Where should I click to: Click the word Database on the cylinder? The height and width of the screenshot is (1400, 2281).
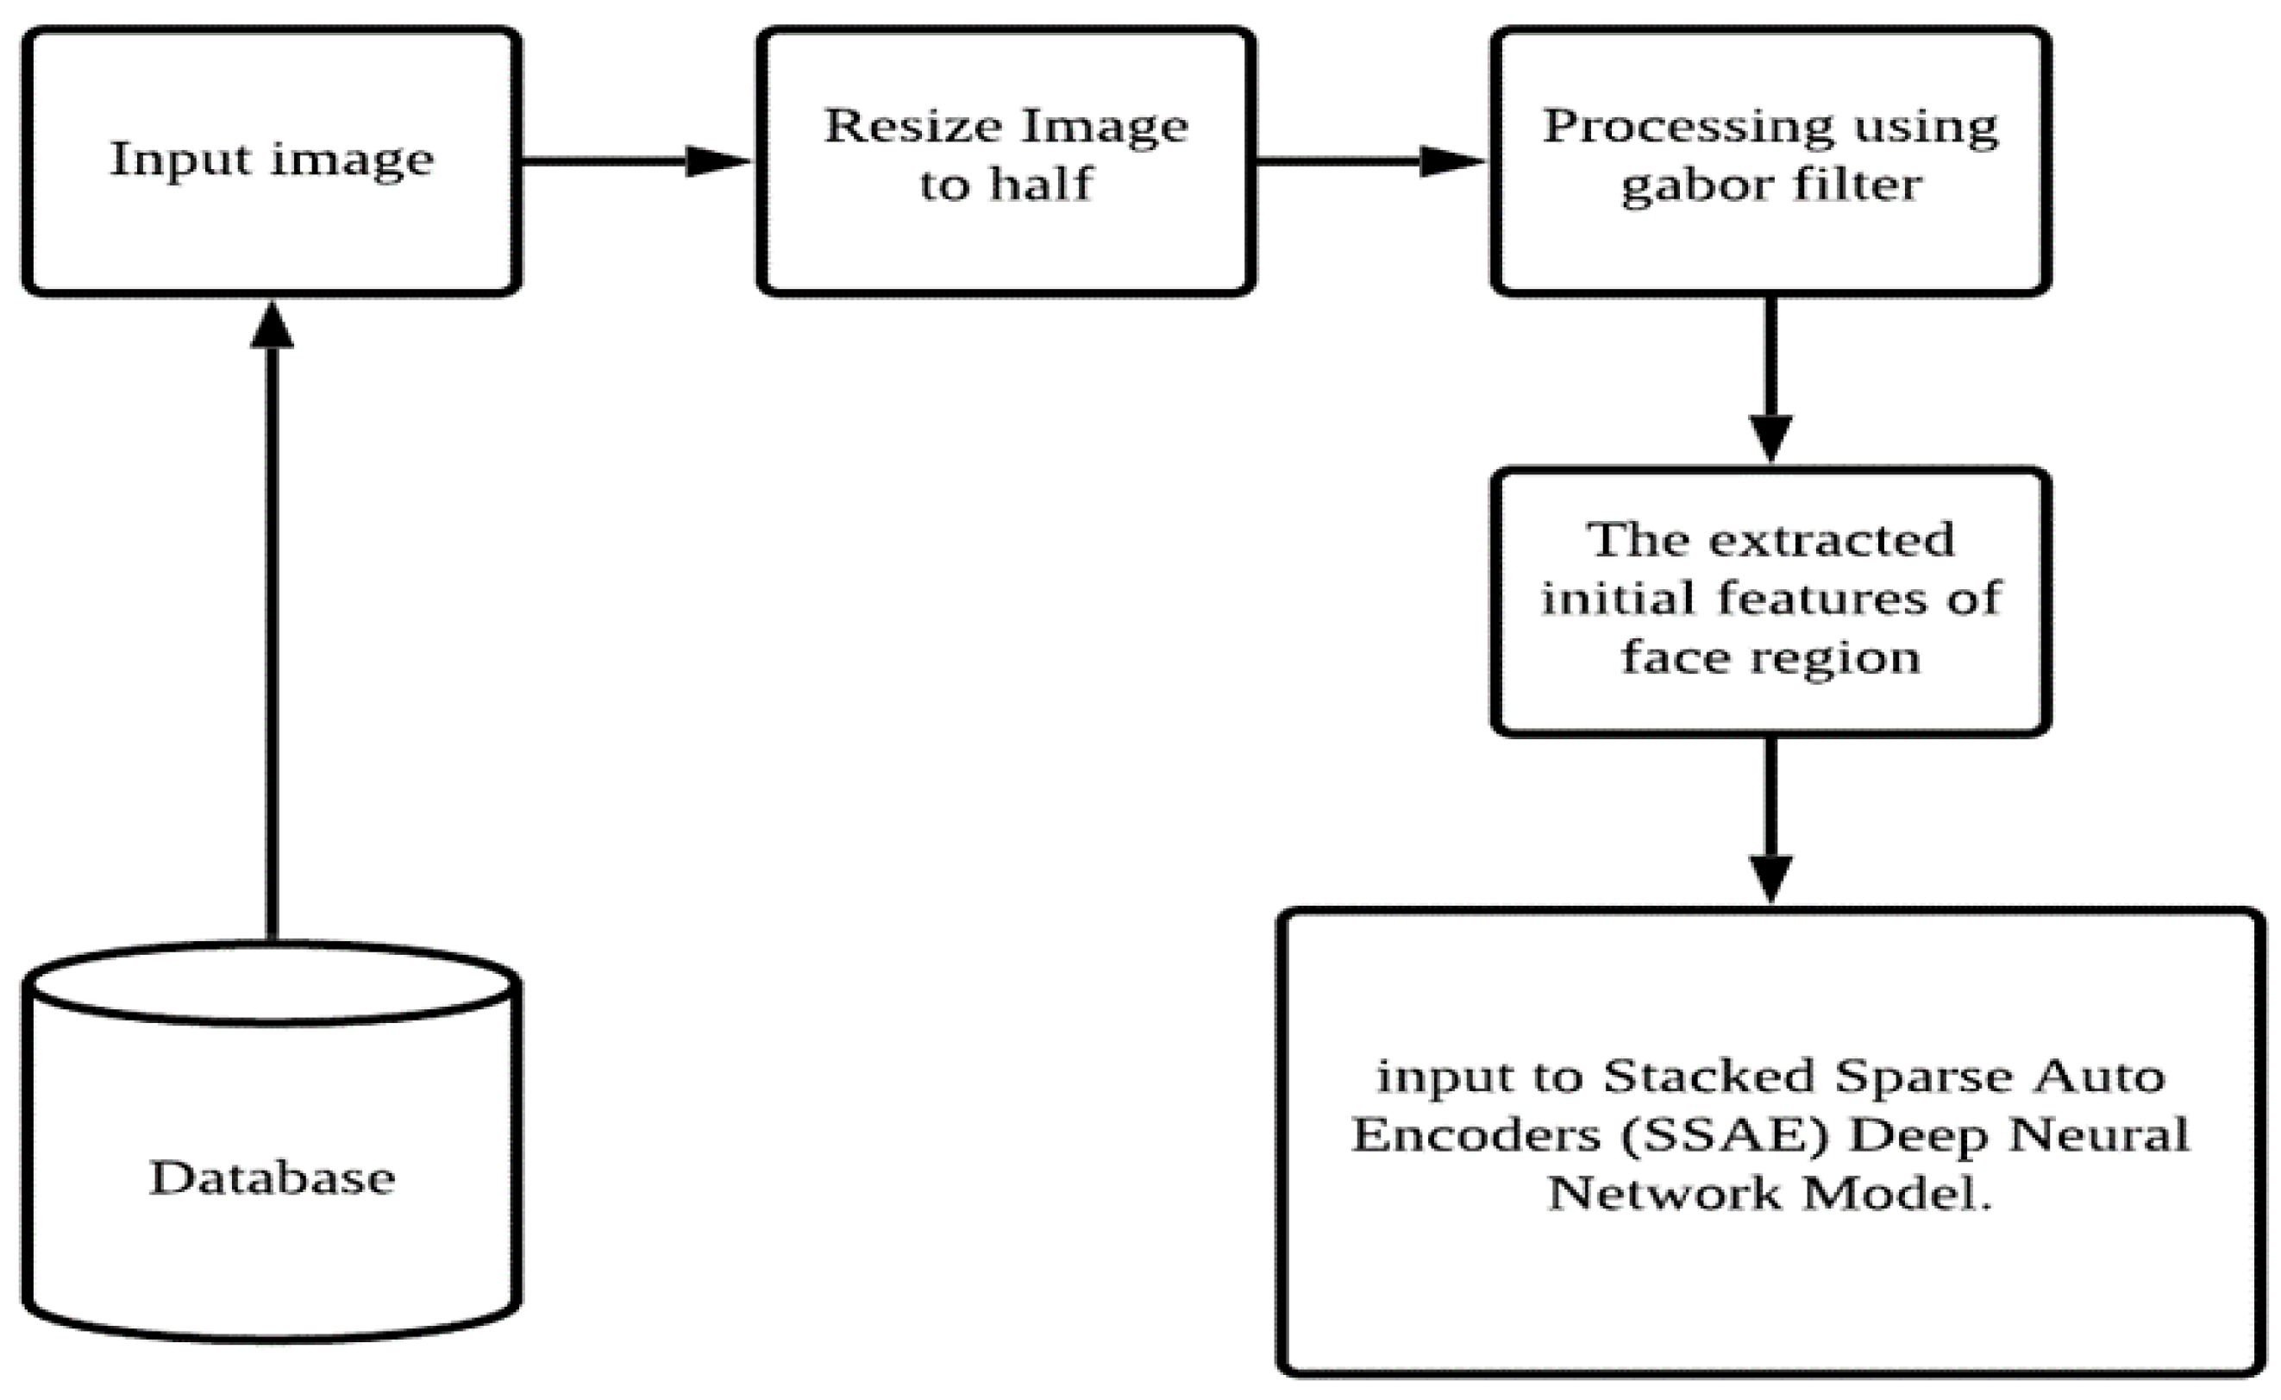273,1177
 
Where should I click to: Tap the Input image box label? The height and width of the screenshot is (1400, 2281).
272,160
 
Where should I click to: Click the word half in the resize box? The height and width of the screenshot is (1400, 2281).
1042,185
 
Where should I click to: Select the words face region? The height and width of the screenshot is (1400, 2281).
1770,657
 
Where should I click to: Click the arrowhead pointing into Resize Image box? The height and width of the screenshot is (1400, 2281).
717,161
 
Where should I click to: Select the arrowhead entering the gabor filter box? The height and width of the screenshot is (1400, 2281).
1451,161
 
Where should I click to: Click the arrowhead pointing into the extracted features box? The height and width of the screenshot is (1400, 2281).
1770,437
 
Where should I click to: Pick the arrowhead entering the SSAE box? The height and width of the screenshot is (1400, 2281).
1770,878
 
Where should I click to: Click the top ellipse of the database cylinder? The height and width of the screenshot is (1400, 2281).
273,983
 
